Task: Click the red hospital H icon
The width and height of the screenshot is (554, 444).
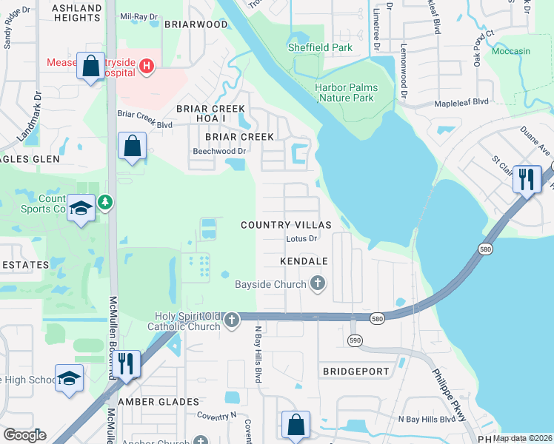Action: click(x=147, y=67)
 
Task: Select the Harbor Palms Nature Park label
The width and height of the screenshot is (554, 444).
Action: click(x=346, y=92)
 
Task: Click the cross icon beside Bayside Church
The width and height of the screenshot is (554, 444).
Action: click(x=318, y=283)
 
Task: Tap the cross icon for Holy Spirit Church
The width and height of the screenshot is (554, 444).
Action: click(x=232, y=320)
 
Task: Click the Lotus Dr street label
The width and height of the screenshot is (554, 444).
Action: click(x=301, y=239)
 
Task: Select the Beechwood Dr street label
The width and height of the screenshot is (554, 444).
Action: click(x=218, y=151)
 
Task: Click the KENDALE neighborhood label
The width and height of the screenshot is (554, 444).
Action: click(x=304, y=262)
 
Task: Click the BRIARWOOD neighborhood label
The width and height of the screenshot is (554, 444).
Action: click(x=196, y=24)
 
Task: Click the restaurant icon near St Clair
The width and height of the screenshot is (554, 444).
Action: click(x=526, y=180)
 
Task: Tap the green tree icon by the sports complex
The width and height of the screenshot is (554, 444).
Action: click(x=105, y=201)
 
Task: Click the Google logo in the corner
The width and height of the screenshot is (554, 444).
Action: click(x=24, y=435)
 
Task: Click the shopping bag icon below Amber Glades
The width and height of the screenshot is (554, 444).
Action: click(x=295, y=425)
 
